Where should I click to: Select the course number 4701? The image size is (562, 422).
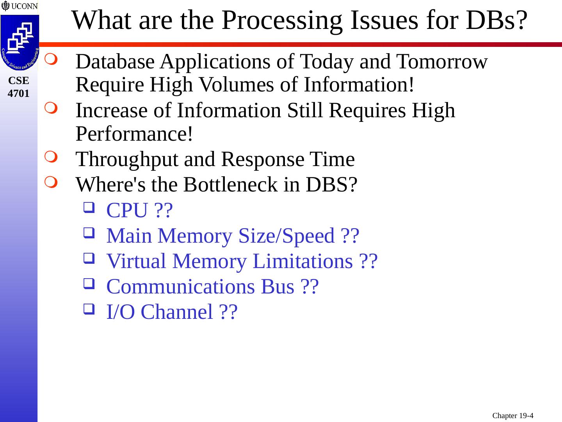pyautogui.click(x=19, y=93)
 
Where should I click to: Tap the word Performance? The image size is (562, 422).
pyautogui.click(x=134, y=134)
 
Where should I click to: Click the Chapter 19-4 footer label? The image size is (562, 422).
pyautogui.click(x=512, y=415)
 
